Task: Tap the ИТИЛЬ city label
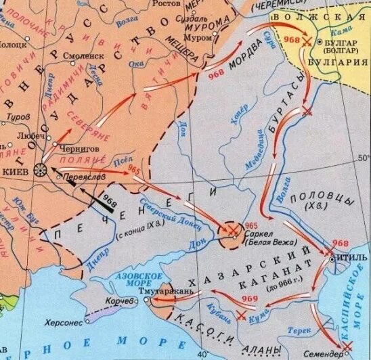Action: pyautogui.click(x=350, y=258)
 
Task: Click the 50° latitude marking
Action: pyautogui.click(x=362, y=158)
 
